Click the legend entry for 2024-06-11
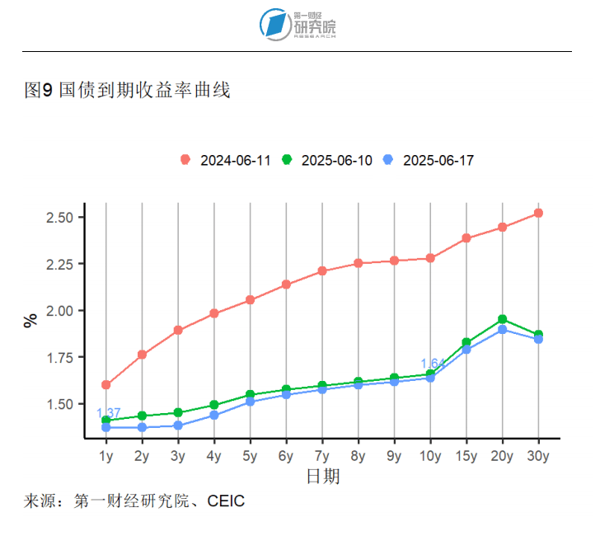[226, 160]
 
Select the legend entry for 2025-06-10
[327, 160]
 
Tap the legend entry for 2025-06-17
[429, 160]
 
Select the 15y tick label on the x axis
[466, 456]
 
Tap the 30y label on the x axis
[538, 456]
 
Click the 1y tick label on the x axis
[105, 456]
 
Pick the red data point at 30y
[538, 213]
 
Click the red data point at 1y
[105, 385]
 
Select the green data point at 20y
[502, 319]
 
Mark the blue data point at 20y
[502, 330]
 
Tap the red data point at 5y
[250, 300]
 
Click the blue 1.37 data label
[108, 413]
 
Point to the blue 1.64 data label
[433, 364]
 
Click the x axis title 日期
[322, 477]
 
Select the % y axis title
[30, 321]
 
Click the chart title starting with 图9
[127, 91]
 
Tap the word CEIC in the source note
[226, 501]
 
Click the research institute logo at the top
[298, 25]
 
